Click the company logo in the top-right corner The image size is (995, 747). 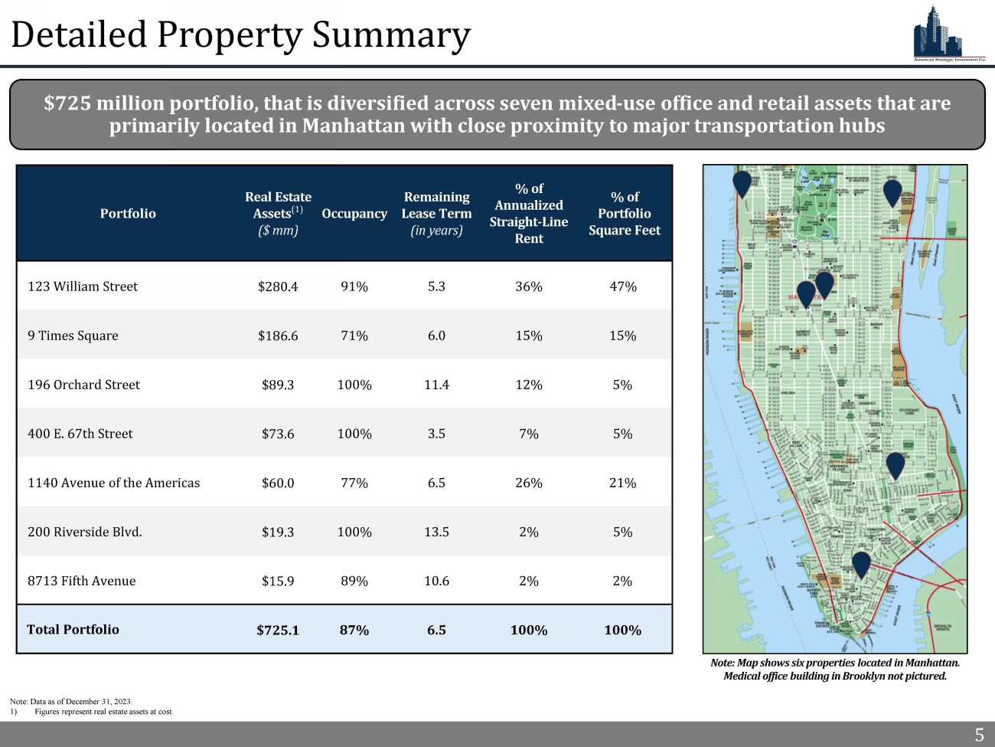tap(948, 34)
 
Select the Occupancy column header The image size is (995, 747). tap(354, 214)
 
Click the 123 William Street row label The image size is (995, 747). tap(83, 287)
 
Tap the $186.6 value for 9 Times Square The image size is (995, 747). tap(278, 336)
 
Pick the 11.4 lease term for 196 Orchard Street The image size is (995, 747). tap(436, 385)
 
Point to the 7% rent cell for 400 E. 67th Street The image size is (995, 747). tap(529, 434)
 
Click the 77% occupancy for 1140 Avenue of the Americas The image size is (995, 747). tap(354, 483)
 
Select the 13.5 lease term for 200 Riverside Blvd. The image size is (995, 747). tap(436, 532)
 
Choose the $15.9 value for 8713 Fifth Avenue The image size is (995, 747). tap(278, 581)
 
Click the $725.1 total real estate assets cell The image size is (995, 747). tap(278, 630)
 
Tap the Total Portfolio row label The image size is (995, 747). tap(73, 630)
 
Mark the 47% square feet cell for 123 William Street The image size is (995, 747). tap(623, 287)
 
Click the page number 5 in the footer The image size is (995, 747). tap(979, 736)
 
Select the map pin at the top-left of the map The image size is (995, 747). tap(742, 184)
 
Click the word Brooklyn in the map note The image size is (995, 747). tap(865, 676)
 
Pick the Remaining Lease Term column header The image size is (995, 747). tap(436, 214)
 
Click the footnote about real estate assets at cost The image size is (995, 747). tap(104, 712)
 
